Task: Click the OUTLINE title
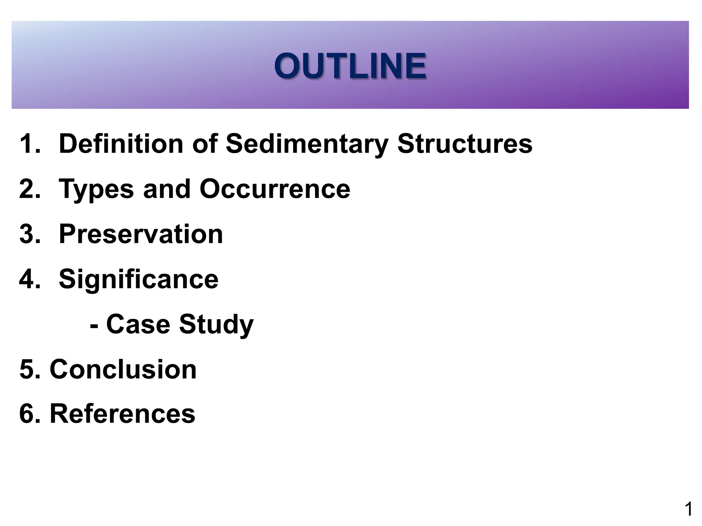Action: click(x=350, y=66)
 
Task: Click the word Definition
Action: click(x=121, y=143)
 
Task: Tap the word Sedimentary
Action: click(x=307, y=143)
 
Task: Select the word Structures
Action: click(x=465, y=143)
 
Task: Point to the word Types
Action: click(x=96, y=189)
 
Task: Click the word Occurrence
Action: click(x=275, y=189)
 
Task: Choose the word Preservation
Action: click(x=141, y=234)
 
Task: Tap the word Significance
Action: click(x=138, y=279)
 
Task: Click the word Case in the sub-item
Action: click(x=138, y=324)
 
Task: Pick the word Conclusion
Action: click(x=123, y=369)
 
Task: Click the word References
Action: click(x=122, y=414)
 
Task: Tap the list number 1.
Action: click(x=28, y=143)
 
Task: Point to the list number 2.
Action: click(x=28, y=189)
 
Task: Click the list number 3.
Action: click(x=28, y=234)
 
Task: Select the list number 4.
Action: click(x=28, y=279)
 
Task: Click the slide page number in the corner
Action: click(x=688, y=509)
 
